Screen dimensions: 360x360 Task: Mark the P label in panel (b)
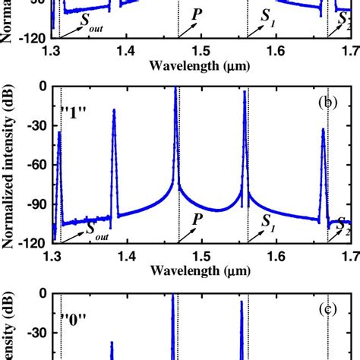(x=197, y=219)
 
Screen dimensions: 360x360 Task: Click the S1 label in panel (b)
(x=268, y=220)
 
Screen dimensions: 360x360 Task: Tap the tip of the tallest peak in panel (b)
(x=175, y=88)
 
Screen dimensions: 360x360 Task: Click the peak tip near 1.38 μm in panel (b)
(x=114, y=110)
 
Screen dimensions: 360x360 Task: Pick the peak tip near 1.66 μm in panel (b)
(x=322, y=129)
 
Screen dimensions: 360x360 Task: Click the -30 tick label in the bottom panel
(x=32, y=333)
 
